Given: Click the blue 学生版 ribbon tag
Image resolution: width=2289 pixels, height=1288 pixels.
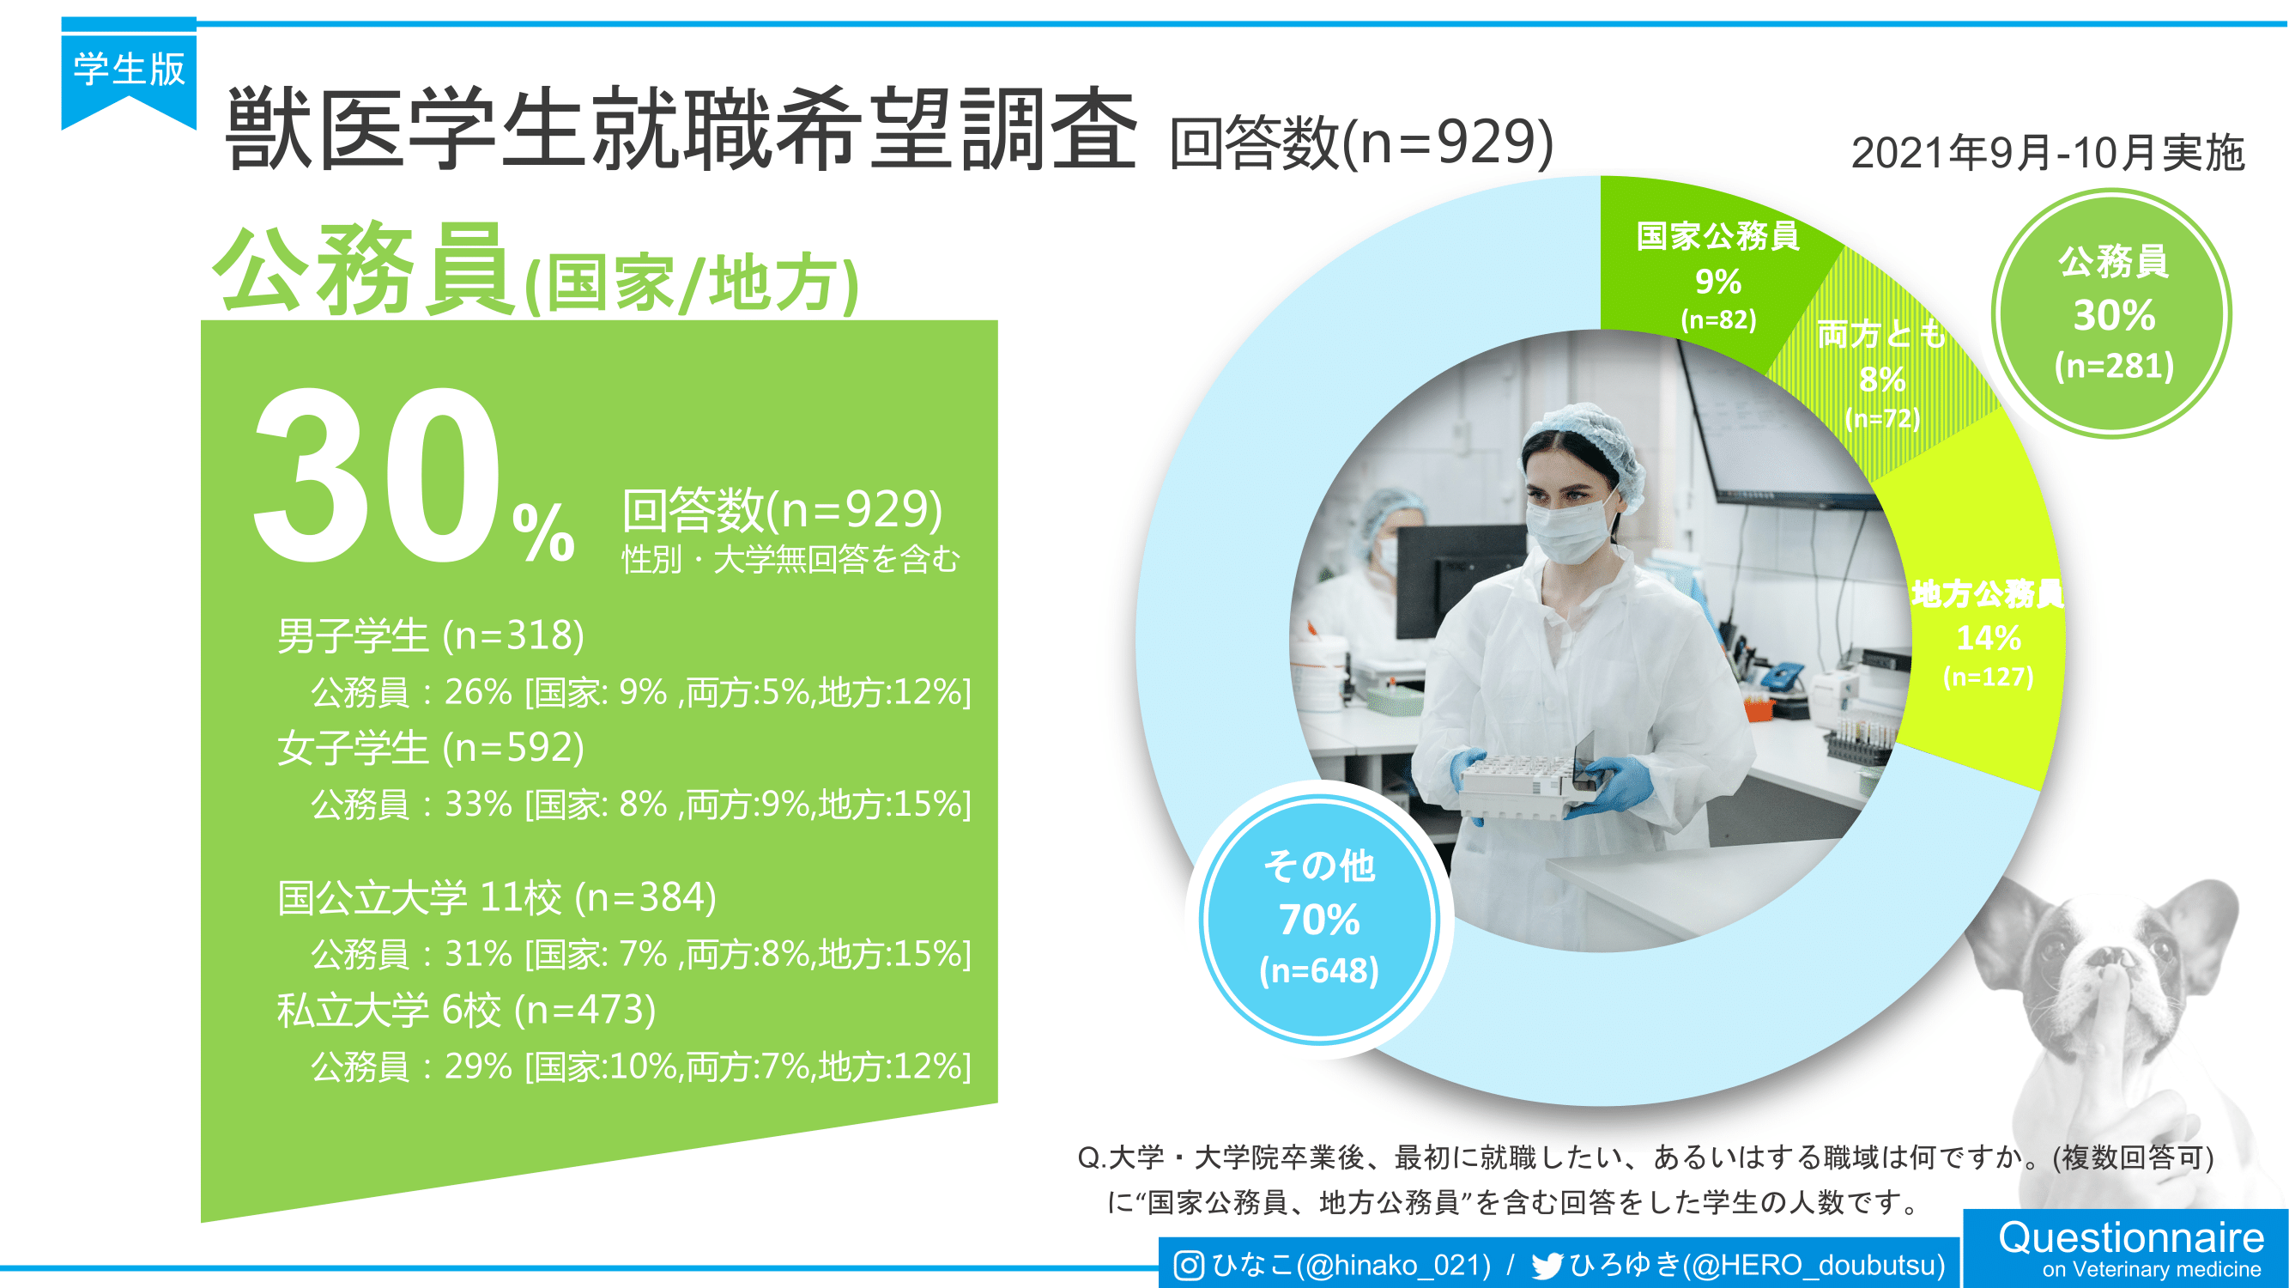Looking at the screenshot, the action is click(x=129, y=76).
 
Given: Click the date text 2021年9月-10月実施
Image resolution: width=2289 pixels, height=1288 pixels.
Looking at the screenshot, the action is click(x=2048, y=153).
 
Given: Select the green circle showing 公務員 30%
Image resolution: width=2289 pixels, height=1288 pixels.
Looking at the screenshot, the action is click(x=2112, y=313).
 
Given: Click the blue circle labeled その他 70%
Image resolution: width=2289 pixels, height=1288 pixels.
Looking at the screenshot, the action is click(x=1318, y=919).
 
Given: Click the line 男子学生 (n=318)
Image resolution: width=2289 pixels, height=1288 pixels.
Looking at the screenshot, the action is click(x=431, y=635).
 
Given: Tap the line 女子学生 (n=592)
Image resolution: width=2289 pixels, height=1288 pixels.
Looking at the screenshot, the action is click(x=431, y=748).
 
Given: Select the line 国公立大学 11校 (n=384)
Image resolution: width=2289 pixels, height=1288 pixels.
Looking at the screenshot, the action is click(x=497, y=897).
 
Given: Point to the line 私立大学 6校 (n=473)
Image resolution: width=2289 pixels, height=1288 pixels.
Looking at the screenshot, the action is click(x=467, y=1010).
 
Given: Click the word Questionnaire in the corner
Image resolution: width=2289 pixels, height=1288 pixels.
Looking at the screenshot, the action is click(x=2131, y=1237).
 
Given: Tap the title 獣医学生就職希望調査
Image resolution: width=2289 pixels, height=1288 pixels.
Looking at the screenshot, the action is click(x=681, y=130).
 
